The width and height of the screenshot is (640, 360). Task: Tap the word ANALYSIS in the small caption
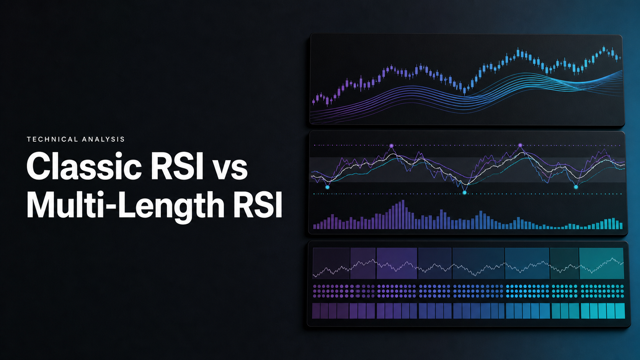tap(103, 139)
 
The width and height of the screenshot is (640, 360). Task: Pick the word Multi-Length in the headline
tap(126, 205)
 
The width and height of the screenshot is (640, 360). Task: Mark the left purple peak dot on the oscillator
tap(392, 146)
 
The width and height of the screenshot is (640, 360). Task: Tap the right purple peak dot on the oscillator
tap(520, 145)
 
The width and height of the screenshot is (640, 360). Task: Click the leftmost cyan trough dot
tap(327, 187)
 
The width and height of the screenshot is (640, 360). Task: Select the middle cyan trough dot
tap(465, 193)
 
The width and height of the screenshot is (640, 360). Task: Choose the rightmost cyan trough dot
tap(576, 187)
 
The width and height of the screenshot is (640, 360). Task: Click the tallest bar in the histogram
tap(403, 214)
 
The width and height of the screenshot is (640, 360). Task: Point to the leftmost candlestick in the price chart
tap(313, 101)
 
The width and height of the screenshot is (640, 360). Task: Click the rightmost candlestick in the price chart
tap(619, 58)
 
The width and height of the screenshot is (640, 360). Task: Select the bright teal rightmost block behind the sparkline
tap(601, 263)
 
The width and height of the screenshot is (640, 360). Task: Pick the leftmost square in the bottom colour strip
tap(316, 311)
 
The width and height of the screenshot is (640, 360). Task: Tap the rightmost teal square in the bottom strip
tap(620, 311)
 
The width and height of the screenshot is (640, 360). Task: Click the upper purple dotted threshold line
tap(467, 146)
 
